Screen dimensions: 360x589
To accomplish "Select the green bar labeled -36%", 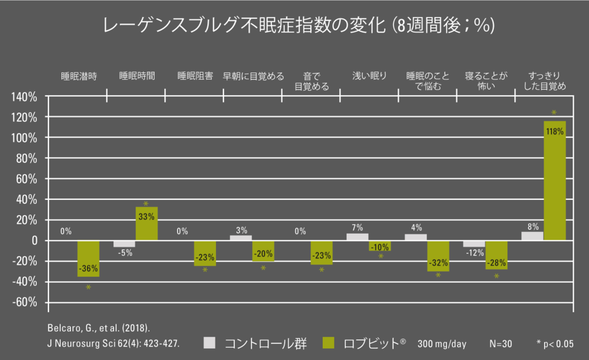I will (x=88, y=258).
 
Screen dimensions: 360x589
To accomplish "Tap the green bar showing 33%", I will (x=147, y=223).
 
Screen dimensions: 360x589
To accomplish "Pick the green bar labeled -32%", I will (x=438, y=255).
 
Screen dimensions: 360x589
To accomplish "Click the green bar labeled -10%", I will (x=380, y=245).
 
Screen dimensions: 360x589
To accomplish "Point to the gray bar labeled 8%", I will (x=532, y=236).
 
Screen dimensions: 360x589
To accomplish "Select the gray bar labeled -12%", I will (x=474, y=243).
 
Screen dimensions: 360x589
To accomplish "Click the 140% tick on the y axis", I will (x=25, y=97).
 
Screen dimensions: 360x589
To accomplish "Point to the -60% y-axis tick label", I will (x=25, y=302).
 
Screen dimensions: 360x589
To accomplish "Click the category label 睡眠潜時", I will (x=79, y=77).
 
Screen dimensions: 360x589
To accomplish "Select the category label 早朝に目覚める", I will (x=253, y=77).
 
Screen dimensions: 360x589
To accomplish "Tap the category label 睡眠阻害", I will (x=195, y=77).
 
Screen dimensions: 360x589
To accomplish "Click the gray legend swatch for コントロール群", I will (x=210, y=343).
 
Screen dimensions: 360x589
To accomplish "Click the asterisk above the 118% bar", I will (x=554, y=113).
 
